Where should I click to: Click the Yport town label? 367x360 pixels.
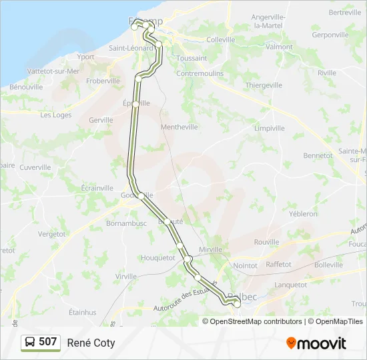click(85, 57)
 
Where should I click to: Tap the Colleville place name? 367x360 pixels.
click(221, 39)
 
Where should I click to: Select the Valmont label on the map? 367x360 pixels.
click(279, 47)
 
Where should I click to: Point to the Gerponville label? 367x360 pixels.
click(330, 34)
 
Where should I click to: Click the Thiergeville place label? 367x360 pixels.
click(264, 85)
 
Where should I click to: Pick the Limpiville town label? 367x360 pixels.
click(269, 128)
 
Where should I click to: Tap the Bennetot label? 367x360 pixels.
click(318, 155)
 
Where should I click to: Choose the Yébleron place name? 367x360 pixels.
click(304, 214)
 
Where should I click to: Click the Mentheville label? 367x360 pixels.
click(179, 127)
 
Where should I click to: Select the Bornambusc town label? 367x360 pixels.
click(125, 223)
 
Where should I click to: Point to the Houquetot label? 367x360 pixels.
click(158, 257)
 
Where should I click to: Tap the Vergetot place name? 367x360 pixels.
click(52, 235)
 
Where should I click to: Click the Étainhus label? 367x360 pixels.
click(83, 312)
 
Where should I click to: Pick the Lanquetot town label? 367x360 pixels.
click(290, 284)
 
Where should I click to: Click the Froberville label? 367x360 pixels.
click(103, 81)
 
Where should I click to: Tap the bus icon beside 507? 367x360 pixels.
click(30, 343)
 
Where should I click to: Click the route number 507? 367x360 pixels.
click(48, 343)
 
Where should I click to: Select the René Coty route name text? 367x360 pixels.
click(91, 343)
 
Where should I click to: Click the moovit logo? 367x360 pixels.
click(316, 343)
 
